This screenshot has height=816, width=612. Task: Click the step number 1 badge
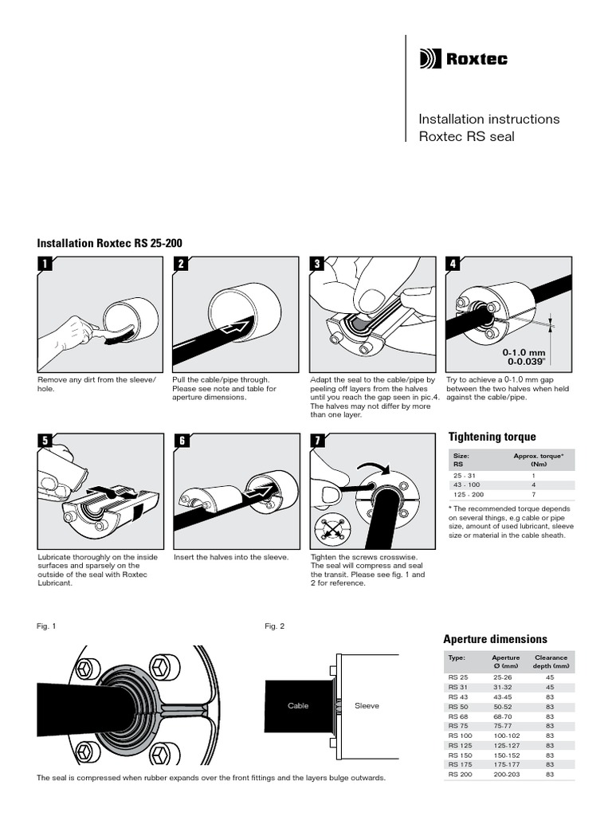tap(45, 265)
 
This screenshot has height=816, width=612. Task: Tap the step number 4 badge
tap(453, 265)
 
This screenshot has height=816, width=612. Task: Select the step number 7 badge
tap(317, 441)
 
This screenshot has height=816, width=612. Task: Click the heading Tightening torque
tap(492, 437)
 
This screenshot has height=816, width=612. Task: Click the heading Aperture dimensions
tap(495, 639)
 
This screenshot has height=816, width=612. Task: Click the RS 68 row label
tap(458, 716)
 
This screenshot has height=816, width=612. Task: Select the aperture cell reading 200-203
tap(504, 774)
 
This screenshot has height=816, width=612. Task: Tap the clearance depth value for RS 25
tap(550, 677)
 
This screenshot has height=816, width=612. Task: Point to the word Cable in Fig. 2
tap(298, 706)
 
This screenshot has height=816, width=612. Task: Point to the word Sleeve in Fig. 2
tap(367, 706)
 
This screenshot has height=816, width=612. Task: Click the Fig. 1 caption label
tap(46, 626)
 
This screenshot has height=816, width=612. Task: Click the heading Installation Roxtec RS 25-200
tap(114, 242)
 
